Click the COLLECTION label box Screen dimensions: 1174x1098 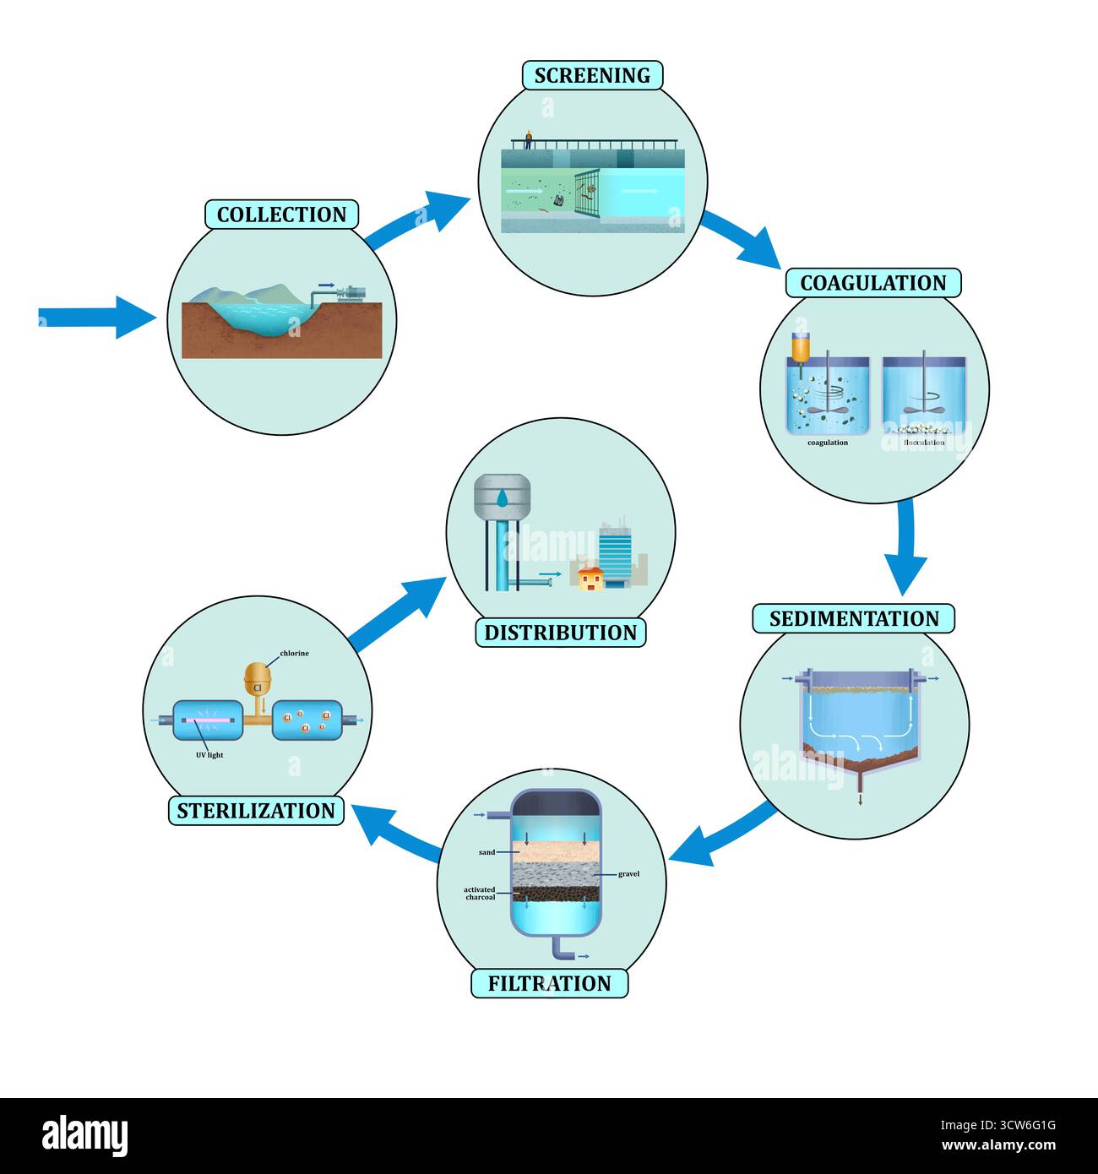coord(281,215)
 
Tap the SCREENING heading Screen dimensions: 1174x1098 coord(592,75)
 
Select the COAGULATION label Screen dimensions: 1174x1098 coord(873,283)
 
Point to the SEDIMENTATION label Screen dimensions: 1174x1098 coord(853,618)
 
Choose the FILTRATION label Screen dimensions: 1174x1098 coord(549,983)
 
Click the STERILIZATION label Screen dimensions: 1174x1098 coord(256,811)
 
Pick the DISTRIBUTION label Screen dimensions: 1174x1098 coord(560,633)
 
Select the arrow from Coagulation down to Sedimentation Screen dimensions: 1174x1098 coord(905,545)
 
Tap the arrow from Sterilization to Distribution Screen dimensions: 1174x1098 coord(397,614)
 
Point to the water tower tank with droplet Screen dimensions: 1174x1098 coord(503,497)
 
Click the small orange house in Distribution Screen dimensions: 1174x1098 coord(590,579)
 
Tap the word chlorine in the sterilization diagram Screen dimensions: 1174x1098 coord(294,653)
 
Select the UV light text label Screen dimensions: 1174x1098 coord(209,755)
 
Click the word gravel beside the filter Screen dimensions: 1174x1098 coord(628,874)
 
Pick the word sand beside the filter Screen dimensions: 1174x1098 coord(486,852)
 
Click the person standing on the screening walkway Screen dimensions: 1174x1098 coord(529,139)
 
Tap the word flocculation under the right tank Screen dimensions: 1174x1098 coord(923,443)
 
